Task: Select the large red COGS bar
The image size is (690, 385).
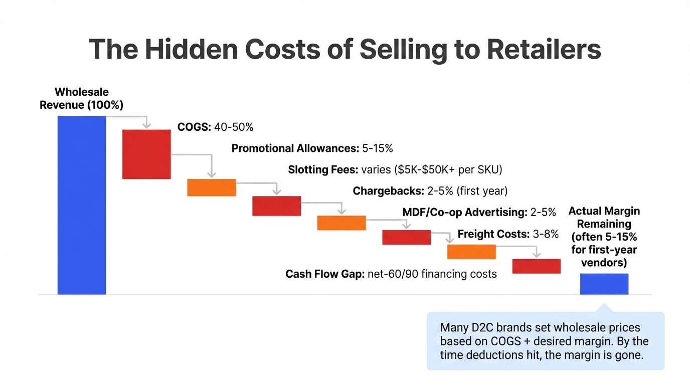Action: (146, 154)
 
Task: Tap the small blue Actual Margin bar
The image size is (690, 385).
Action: (604, 284)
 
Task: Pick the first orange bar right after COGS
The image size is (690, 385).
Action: (211, 187)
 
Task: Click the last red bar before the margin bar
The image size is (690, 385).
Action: (536, 266)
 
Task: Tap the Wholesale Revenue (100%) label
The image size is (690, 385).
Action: (81, 98)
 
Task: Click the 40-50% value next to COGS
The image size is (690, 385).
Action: (234, 127)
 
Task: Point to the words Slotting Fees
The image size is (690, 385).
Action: (323, 170)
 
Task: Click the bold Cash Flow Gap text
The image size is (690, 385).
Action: (325, 274)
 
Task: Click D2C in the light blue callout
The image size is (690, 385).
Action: (481, 328)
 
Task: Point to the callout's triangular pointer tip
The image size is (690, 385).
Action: (604, 304)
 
